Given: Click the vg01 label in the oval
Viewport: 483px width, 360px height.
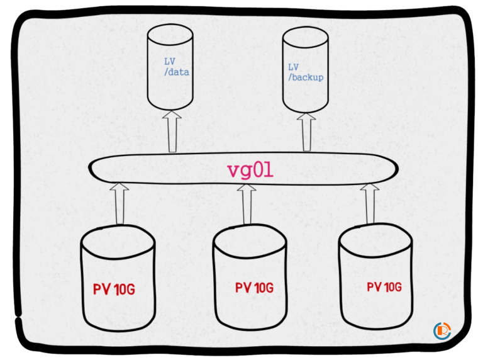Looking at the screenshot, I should pyautogui.click(x=250, y=170).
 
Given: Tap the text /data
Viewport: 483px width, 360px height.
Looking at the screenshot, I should pyautogui.click(x=175, y=72).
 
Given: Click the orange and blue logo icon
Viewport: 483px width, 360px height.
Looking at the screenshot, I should pyautogui.click(x=442, y=331).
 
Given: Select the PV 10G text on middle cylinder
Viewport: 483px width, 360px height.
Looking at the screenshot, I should pyautogui.click(x=254, y=288).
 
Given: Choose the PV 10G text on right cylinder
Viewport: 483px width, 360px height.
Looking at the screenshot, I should pyautogui.click(x=384, y=287).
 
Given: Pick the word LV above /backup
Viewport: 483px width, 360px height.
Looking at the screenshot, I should pyautogui.click(x=293, y=67).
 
